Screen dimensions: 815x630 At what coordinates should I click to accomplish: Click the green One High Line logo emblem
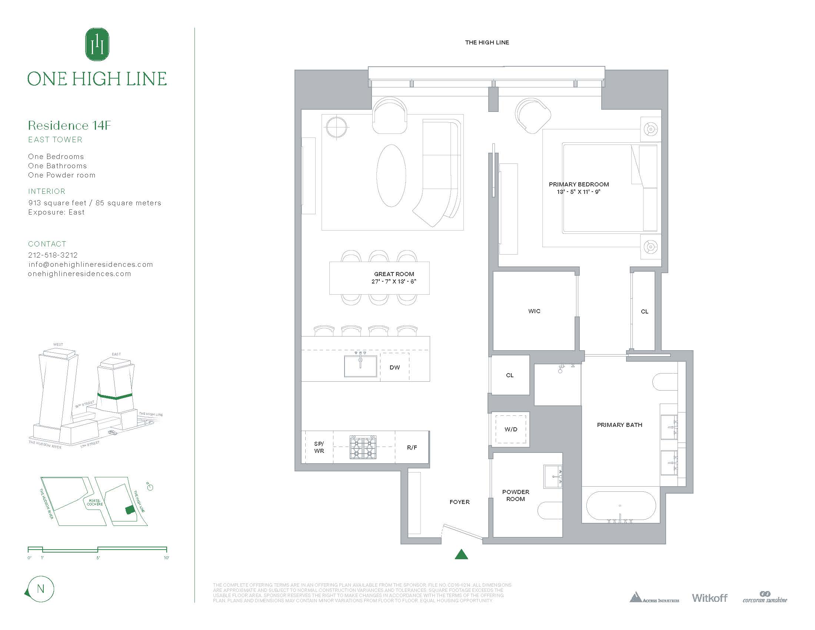click(97, 44)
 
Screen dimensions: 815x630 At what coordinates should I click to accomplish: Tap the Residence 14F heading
click(69, 125)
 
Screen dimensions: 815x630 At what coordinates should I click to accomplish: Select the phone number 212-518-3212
click(53, 255)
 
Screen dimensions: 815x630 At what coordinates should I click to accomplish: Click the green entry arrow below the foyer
click(462, 555)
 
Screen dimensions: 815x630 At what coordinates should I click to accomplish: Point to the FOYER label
click(459, 502)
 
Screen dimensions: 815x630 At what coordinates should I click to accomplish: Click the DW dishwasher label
click(395, 368)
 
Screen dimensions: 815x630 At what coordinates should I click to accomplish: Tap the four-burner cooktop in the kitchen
click(363, 447)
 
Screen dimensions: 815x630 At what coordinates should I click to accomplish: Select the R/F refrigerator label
click(412, 448)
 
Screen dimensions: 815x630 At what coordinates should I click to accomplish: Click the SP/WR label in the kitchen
click(319, 447)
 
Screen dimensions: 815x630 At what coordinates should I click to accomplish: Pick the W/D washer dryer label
click(511, 429)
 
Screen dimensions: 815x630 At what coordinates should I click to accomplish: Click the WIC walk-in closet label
click(534, 311)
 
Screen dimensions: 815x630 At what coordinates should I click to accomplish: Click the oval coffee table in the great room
click(391, 175)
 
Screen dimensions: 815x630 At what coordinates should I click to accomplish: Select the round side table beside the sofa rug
click(337, 127)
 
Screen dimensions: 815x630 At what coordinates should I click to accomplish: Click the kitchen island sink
click(360, 366)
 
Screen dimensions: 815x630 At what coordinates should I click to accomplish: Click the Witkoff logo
click(709, 598)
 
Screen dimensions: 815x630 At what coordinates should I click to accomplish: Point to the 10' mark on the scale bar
click(166, 558)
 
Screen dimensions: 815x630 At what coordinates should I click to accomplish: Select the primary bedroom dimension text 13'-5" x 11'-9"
click(578, 192)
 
